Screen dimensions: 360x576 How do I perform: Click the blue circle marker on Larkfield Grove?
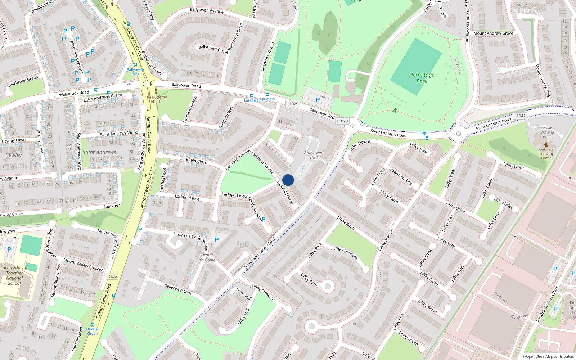(x=288, y=180)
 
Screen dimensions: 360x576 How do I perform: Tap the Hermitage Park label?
(x=422, y=78)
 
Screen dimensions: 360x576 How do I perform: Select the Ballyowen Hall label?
(x=314, y=155)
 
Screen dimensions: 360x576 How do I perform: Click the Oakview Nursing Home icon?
(x=546, y=144)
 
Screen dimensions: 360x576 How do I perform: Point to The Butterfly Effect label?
(x=156, y=99)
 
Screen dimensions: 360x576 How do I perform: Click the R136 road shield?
(x=112, y=276)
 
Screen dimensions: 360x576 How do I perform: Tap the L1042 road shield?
(x=520, y=116)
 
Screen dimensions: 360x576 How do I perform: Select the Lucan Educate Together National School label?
(x=14, y=275)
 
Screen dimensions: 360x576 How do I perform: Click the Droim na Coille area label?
(x=207, y=257)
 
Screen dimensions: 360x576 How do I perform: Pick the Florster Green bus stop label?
(x=93, y=331)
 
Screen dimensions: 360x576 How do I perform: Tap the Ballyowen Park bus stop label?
(x=135, y=72)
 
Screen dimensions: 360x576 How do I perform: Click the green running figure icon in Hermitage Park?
(x=395, y=111)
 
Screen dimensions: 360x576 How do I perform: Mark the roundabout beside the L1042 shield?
(x=458, y=134)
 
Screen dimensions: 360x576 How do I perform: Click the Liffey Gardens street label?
(x=345, y=253)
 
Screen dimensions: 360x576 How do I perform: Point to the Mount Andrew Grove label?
(x=493, y=33)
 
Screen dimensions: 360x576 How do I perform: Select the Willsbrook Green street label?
(x=23, y=81)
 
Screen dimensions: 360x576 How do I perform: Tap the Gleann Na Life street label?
(x=400, y=176)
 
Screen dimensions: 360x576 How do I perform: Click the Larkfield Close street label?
(x=194, y=160)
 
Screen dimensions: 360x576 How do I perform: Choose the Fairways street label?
(x=112, y=206)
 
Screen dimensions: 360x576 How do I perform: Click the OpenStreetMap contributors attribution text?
(x=548, y=356)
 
